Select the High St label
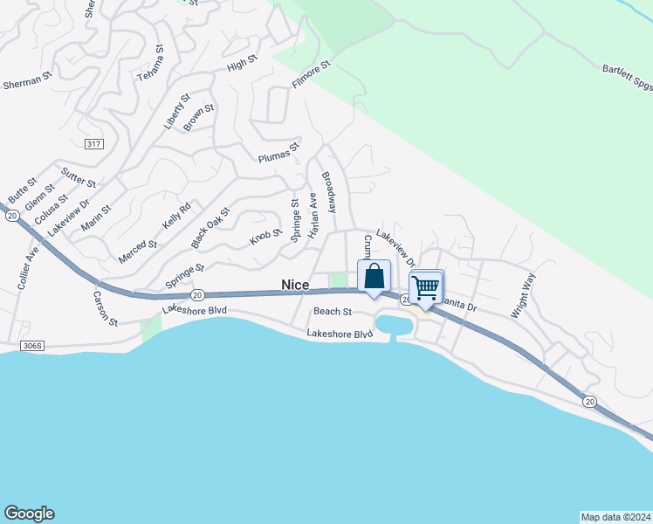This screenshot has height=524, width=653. (x=242, y=63)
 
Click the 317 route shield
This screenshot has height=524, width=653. (x=94, y=143)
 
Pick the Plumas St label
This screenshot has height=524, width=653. (x=278, y=153)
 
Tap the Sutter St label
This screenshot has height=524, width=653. (x=79, y=178)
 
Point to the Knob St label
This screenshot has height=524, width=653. (x=266, y=236)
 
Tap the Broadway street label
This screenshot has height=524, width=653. (x=329, y=192)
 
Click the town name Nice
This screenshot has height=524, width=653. (x=295, y=285)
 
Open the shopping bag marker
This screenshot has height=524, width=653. (x=374, y=277)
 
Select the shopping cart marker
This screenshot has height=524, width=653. (x=426, y=286)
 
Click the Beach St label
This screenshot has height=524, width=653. (x=332, y=311)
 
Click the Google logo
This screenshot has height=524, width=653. (x=29, y=514)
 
